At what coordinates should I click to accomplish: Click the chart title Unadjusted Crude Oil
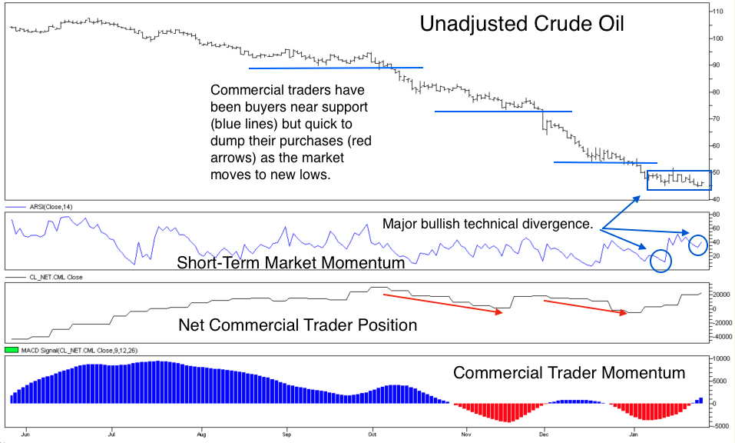tap(521, 24)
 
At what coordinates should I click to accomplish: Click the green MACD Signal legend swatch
tap(11, 350)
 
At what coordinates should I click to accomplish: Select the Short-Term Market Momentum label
tap(290, 263)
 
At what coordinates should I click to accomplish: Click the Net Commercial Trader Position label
tap(297, 325)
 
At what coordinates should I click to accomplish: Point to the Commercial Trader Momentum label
tap(568, 373)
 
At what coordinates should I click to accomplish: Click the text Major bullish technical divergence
tap(487, 225)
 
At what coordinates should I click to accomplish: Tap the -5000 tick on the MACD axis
tap(720, 425)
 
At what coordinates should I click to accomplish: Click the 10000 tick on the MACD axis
tap(720, 358)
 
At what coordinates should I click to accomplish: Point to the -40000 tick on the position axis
tap(720, 336)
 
